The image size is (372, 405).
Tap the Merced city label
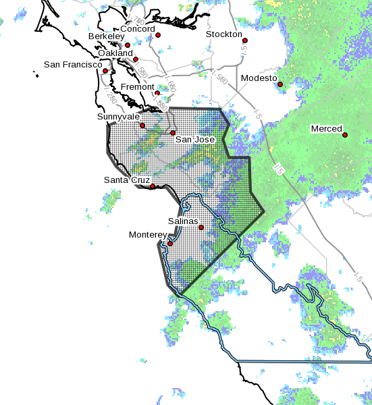coord(326,128)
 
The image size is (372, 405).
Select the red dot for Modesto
coord(280,84)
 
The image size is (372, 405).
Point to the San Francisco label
coord(73,65)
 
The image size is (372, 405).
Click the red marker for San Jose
coord(173,133)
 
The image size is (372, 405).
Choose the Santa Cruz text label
coord(126,180)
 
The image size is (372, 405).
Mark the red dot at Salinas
coord(201,227)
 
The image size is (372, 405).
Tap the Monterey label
coord(147,235)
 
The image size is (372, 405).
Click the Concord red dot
coord(159,35)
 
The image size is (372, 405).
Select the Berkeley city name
coord(106,36)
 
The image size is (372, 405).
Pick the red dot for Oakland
coord(136,59)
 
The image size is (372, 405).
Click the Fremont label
coord(138,87)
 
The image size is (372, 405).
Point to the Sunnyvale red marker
coord(142,125)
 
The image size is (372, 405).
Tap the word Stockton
coord(224,34)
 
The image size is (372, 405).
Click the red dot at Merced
coord(345,135)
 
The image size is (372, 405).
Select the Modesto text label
coord(259,78)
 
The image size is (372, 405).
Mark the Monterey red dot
coord(170,244)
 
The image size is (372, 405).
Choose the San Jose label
coord(195,140)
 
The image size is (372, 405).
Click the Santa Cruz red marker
coord(153,186)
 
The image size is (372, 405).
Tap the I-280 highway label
coord(109,97)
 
